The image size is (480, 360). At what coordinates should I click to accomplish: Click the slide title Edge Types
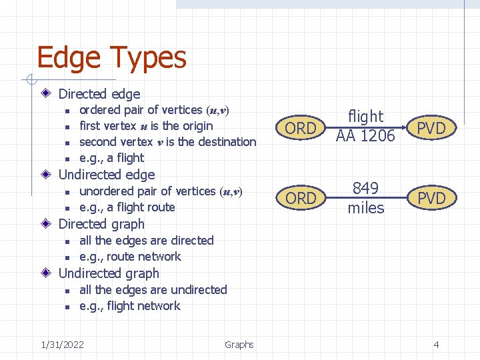[111, 59]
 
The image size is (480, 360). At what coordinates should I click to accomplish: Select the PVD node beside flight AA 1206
[431, 128]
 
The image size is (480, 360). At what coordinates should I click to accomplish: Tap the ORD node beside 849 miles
[301, 198]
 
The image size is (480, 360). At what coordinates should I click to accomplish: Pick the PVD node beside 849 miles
[431, 198]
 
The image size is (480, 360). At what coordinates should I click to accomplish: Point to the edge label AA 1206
[365, 136]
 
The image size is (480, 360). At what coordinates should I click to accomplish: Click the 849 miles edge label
[366, 198]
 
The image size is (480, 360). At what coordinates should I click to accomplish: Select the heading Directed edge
[99, 94]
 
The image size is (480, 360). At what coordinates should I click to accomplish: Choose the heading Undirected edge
[107, 175]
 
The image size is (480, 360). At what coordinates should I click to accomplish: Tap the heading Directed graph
[101, 224]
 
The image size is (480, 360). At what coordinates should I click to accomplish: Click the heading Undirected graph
[109, 273]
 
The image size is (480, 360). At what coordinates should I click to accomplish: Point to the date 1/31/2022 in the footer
[62, 345]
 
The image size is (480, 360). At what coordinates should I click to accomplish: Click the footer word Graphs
[239, 345]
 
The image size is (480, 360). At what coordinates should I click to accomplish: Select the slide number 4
[436, 345]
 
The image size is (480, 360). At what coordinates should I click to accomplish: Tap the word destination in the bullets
[223, 142]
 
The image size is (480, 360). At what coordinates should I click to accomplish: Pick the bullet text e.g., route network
[130, 257]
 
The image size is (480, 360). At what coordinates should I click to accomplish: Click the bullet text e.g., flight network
[130, 306]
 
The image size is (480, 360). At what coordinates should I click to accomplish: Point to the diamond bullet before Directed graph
[45, 224]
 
